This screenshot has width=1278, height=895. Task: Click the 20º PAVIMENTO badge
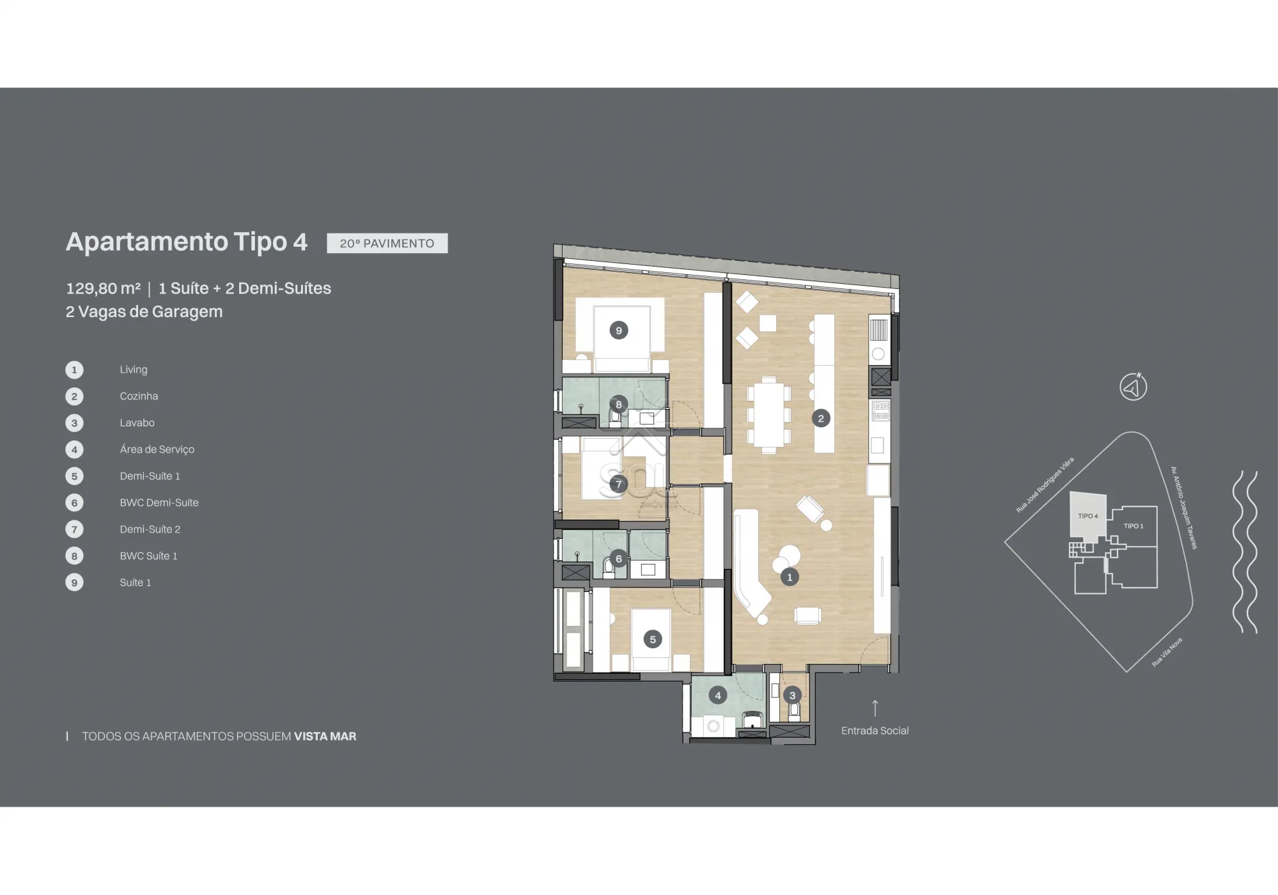point(387,243)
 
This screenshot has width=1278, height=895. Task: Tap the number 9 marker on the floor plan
point(618,331)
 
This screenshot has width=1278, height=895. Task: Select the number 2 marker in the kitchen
point(821,419)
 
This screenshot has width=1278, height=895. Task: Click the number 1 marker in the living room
point(790,577)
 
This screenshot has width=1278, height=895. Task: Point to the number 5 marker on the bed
point(653,639)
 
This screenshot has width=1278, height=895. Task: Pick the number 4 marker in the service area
point(718,696)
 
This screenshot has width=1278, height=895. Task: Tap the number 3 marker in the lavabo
point(793,696)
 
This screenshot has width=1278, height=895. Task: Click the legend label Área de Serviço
point(157,449)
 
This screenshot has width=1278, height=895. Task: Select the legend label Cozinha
point(139,396)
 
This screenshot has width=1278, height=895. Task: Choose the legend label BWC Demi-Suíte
point(159,502)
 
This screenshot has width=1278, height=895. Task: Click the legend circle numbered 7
point(74,529)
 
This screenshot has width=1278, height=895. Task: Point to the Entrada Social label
point(875,731)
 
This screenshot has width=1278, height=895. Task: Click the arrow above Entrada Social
point(875,708)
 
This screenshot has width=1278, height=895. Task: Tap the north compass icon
point(1134,387)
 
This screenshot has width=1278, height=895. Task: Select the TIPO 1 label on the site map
point(1134,526)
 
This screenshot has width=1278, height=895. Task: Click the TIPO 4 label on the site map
point(1087,516)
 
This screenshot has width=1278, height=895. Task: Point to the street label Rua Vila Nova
point(1167,652)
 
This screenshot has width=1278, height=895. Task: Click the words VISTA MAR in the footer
point(325,736)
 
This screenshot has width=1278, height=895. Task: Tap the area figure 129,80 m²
point(103,288)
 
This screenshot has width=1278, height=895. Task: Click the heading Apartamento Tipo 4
point(187,242)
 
